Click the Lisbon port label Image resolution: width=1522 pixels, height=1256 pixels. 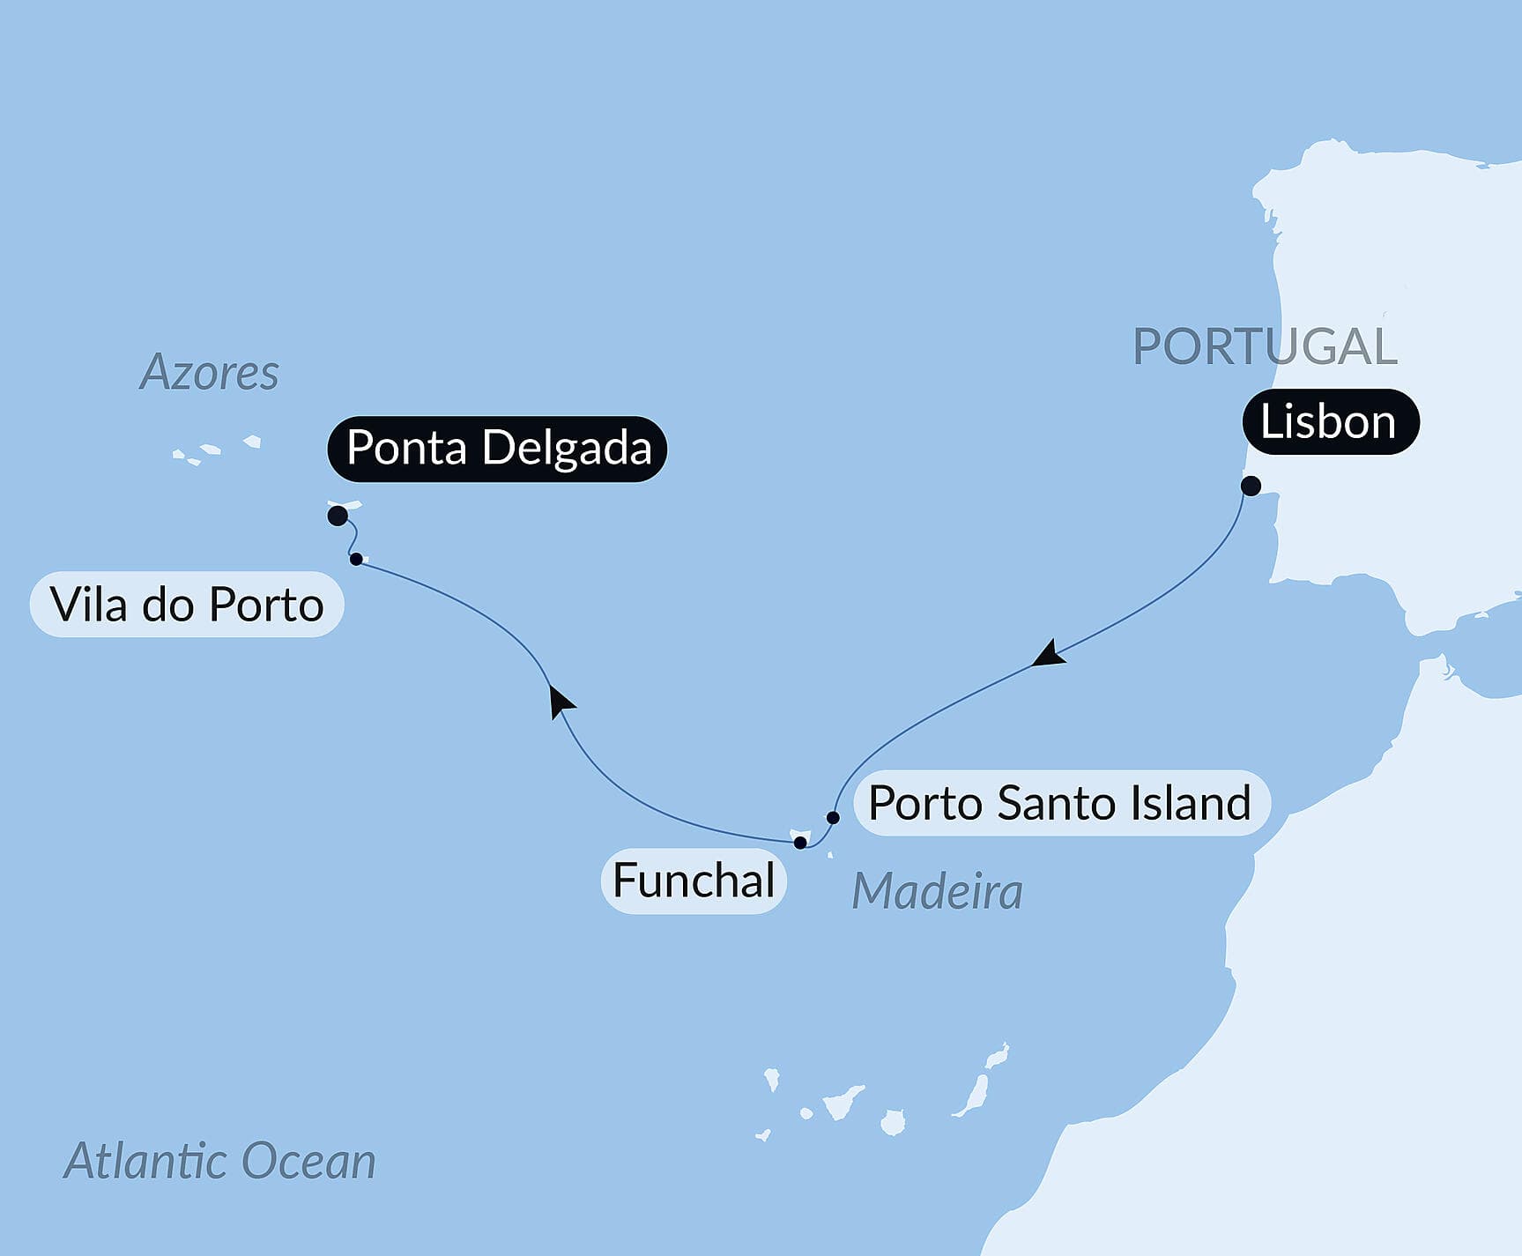coord(1330,421)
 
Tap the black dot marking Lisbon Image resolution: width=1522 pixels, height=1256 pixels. coord(1251,486)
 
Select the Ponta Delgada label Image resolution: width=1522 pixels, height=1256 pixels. coord(497,448)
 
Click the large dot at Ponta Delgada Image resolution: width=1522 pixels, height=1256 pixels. coord(338,516)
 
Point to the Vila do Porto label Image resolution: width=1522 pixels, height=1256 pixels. coord(187,605)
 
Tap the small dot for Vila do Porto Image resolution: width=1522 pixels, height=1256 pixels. coord(356,559)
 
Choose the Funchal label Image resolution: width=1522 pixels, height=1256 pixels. coord(694,881)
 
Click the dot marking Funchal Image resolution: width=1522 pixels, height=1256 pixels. coord(800,843)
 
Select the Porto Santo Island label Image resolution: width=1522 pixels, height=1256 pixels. coord(1060,803)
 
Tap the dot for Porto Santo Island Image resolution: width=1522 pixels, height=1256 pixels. coord(833,817)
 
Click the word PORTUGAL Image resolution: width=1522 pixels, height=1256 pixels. coord(1265,346)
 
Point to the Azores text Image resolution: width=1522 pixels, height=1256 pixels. coord(209,372)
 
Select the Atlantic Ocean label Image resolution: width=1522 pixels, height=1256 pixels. coord(219,1161)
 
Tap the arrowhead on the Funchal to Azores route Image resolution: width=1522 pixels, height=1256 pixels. coord(560,702)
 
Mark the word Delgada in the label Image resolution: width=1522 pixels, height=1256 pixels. coord(567,448)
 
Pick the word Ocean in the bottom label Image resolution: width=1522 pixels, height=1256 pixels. coord(308,1161)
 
